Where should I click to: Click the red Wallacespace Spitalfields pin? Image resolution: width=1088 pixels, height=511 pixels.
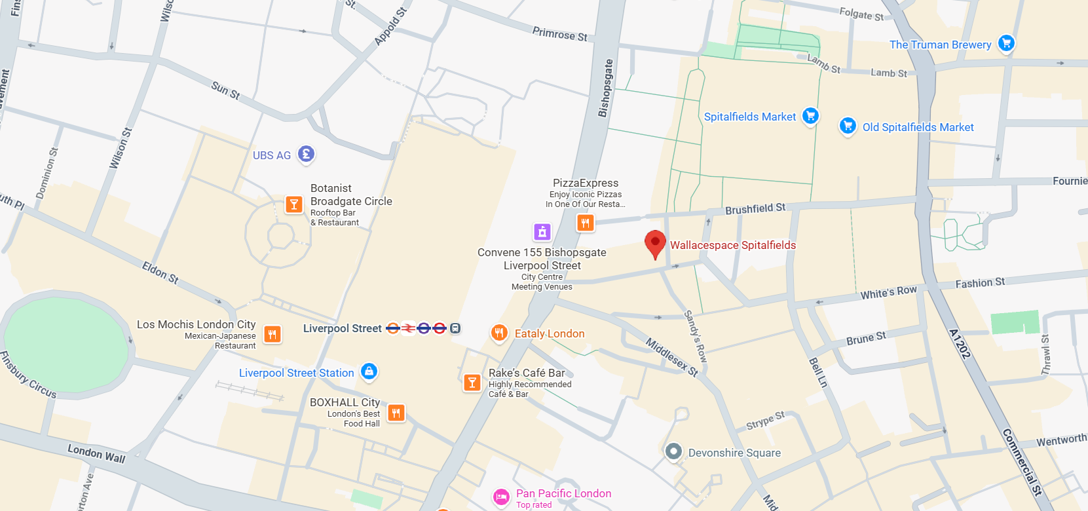655,243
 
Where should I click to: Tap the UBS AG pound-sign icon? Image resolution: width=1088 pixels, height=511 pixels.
306,154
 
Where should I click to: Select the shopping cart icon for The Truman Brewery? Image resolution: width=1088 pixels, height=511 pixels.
1006,43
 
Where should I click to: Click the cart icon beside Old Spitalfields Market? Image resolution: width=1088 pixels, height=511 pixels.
848,125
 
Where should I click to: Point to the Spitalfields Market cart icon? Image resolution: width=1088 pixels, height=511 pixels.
810,116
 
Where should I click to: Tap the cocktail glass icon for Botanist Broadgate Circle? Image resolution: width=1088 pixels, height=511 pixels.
294,204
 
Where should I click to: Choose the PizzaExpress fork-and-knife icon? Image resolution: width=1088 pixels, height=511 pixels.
585,223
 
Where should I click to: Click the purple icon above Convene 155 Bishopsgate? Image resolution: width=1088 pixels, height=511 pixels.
542,232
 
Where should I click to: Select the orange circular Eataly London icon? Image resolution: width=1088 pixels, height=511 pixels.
499,333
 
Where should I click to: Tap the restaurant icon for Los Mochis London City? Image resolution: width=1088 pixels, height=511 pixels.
272,334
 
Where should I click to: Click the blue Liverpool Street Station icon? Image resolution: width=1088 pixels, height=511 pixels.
369,371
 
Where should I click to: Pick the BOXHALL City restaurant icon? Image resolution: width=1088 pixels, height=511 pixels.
396,413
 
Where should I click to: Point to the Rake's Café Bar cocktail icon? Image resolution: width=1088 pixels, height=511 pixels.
472,383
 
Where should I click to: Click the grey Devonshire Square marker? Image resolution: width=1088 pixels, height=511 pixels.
673,451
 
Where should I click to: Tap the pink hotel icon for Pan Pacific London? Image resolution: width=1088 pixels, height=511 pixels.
501,497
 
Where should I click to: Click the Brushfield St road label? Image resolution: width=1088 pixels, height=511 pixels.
755,209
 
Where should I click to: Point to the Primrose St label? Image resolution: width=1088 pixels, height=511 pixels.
559,34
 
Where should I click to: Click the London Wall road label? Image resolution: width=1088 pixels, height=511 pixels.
96,453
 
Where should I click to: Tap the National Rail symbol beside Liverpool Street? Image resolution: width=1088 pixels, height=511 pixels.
408,328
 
